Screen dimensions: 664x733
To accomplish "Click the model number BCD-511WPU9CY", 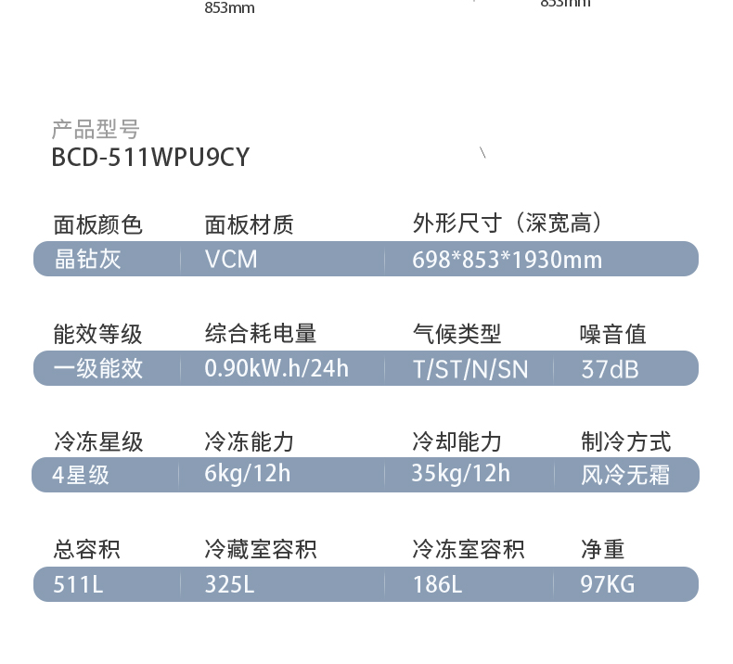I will click(150, 158).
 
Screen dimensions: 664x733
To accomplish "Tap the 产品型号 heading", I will click(95, 129).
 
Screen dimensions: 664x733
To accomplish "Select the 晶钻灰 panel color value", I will click(87, 259).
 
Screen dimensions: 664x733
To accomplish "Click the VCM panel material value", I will click(231, 259).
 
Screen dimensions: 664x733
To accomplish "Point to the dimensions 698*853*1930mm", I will click(507, 260).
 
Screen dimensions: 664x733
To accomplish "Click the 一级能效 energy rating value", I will click(98, 368).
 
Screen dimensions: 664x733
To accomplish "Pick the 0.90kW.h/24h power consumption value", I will click(276, 368).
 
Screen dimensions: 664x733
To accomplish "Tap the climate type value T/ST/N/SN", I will click(470, 369).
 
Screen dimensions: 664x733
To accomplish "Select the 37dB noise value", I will click(610, 369).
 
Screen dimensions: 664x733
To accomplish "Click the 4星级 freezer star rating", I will click(81, 476).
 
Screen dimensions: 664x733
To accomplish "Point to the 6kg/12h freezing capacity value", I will click(248, 474).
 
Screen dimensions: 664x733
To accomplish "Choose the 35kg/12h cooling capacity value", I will click(460, 474).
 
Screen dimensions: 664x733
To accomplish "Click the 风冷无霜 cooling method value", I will click(625, 476).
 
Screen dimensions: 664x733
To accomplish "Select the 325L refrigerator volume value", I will click(229, 584).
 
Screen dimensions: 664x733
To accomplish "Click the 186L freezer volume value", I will click(437, 584).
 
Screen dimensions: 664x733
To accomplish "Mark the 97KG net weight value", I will click(609, 584).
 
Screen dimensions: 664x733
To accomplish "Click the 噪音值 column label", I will click(613, 334).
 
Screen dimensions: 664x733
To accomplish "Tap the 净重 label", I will click(603, 550).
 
